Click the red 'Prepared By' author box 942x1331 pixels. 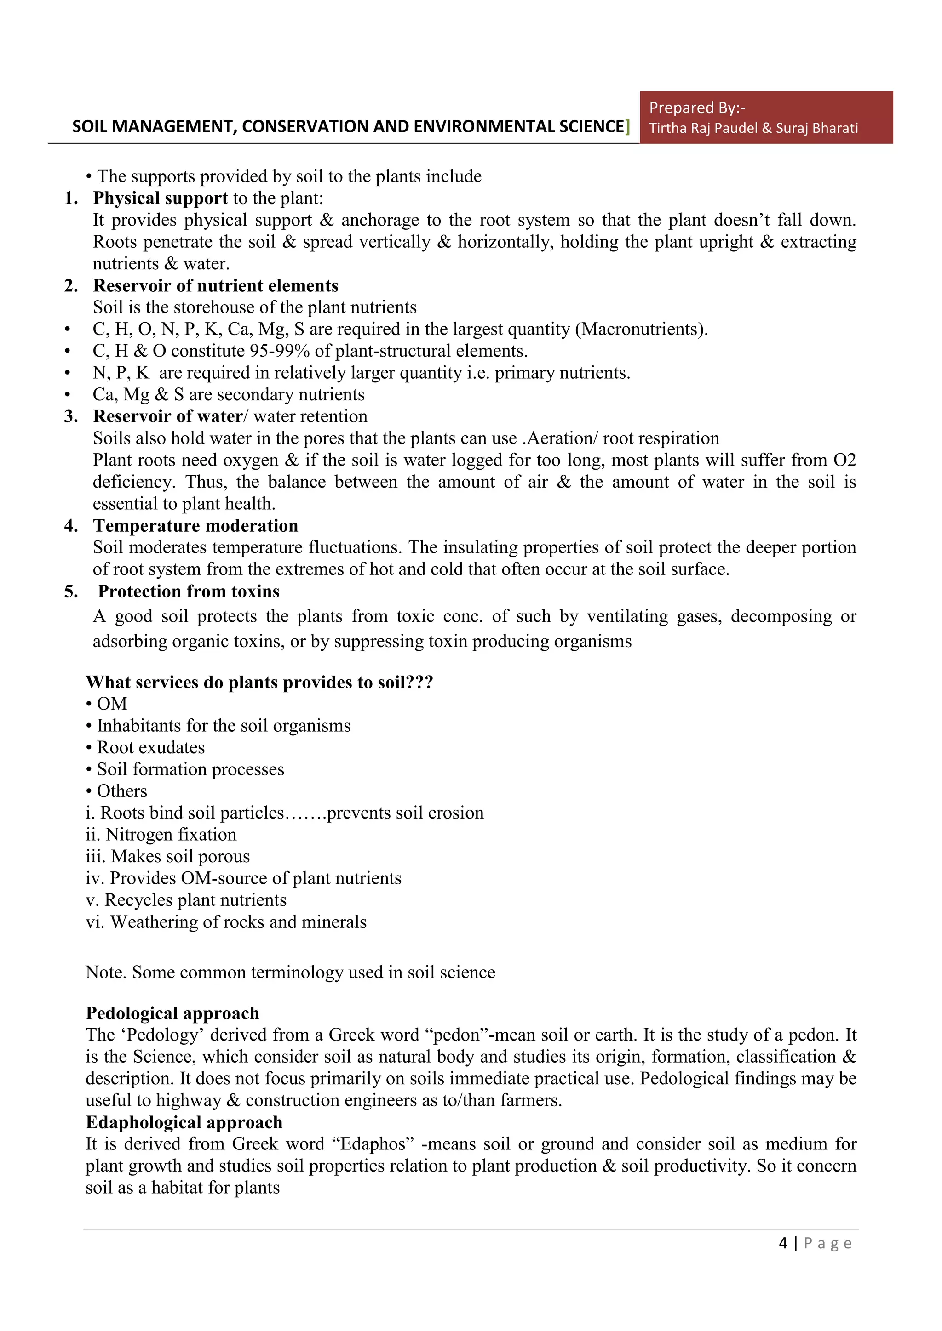pyautogui.click(x=766, y=117)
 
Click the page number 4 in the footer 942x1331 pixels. pyautogui.click(x=783, y=1243)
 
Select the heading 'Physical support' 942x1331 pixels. pyautogui.click(x=160, y=198)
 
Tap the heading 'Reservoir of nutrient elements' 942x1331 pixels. pyautogui.click(x=215, y=286)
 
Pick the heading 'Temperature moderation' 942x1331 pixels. pyautogui.click(x=195, y=526)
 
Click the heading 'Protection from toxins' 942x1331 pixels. pyautogui.click(x=189, y=592)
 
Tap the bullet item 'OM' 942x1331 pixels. pyautogui.click(x=111, y=704)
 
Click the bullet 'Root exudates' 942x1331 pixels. pyautogui.click(x=150, y=748)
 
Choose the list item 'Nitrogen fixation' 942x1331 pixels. pyautogui.click(x=171, y=835)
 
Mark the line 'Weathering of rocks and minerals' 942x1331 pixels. pyautogui.click(x=238, y=922)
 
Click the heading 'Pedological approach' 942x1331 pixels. pyautogui.click(x=172, y=1013)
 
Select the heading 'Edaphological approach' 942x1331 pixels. pyautogui.click(x=184, y=1123)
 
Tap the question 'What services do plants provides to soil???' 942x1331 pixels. pyautogui.click(x=259, y=683)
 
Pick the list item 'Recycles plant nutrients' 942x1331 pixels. pyautogui.click(x=195, y=900)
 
